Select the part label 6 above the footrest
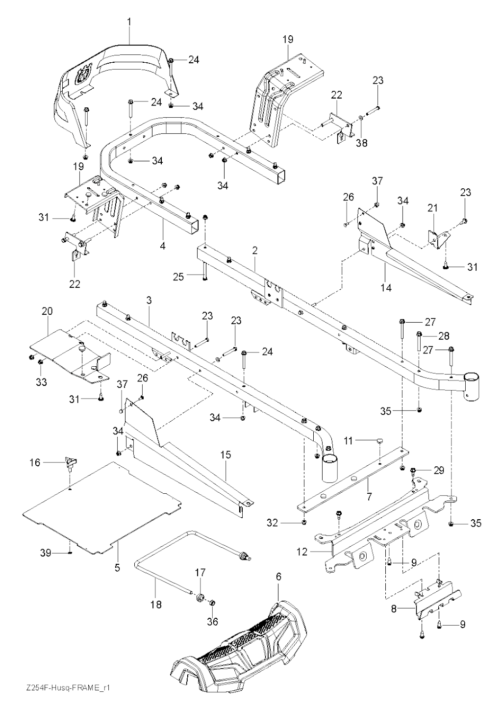(278, 577)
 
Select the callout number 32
(286, 523)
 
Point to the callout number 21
(432, 208)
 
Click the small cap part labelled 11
(380, 441)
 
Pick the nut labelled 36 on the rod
(213, 603)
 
